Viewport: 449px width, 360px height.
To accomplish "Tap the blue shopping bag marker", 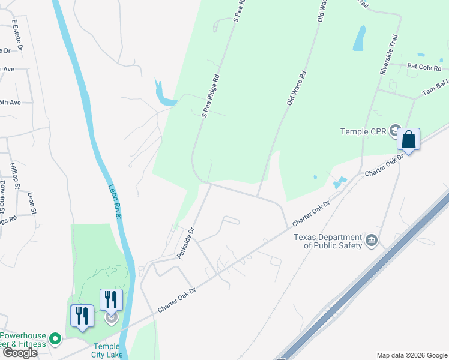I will click(408, 140).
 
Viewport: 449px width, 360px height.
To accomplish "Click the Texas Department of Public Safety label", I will click(328, 241).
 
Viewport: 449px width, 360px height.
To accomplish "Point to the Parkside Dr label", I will click(187, 242).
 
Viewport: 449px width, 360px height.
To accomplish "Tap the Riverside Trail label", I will click(388, 54).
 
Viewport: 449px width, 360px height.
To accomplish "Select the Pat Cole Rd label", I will click(424, 66).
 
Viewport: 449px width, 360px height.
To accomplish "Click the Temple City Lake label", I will click(108, 350).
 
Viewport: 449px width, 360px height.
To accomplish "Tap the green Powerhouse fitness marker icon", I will click(55, 339).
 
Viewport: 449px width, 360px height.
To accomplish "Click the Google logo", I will click(19, 353).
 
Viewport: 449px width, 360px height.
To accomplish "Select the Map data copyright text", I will click(412, 355).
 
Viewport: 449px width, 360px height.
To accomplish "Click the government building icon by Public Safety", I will click(372, 241).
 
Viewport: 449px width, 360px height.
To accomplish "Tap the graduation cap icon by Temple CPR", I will click(394, 130).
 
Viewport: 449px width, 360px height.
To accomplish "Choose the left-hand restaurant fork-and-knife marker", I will click(82, 316).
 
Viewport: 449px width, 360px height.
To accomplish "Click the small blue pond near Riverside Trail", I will click(359, 38).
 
